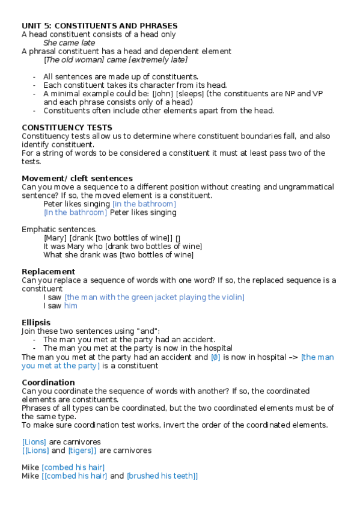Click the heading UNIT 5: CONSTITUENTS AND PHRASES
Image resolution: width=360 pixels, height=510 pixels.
pos(99,25)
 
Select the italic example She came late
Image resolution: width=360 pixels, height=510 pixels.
pos(69,43)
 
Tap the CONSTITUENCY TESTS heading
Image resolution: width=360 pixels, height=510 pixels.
pos(67,127)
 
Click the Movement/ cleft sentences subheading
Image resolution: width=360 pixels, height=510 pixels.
pos(77,178)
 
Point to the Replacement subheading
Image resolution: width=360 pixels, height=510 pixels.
pos(49,272)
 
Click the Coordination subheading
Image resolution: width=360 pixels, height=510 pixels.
pos(48,382)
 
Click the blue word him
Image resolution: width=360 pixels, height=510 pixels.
pos(71,306)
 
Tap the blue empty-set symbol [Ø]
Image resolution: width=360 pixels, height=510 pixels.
pos(216,357)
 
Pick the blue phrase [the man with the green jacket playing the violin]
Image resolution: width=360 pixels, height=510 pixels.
pos(154,297)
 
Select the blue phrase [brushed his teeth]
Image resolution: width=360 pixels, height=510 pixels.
pos(161,476)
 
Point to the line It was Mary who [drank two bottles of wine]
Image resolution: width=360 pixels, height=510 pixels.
pos(123,247)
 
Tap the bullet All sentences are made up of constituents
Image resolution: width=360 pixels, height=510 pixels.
pos(121,76)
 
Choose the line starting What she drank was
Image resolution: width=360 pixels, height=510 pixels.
pos(118,255)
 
